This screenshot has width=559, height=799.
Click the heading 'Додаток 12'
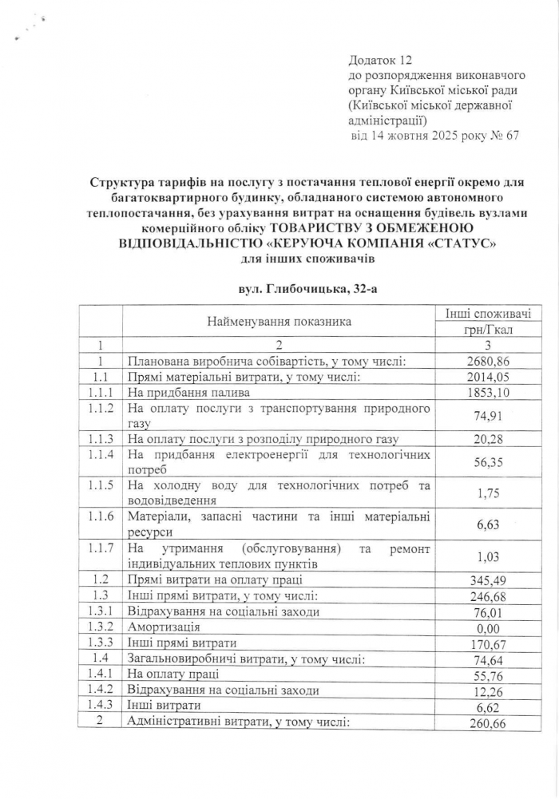click(379, 60)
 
